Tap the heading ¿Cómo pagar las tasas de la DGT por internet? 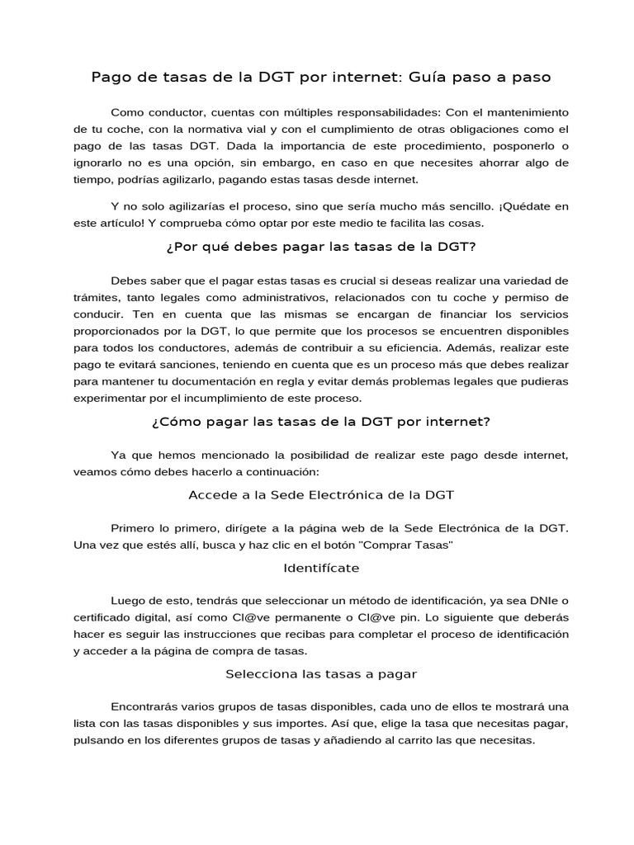(321, 422)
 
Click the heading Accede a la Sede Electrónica (321, 495)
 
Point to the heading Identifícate (321, 568)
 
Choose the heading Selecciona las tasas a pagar (321, 674)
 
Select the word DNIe (534, 600)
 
